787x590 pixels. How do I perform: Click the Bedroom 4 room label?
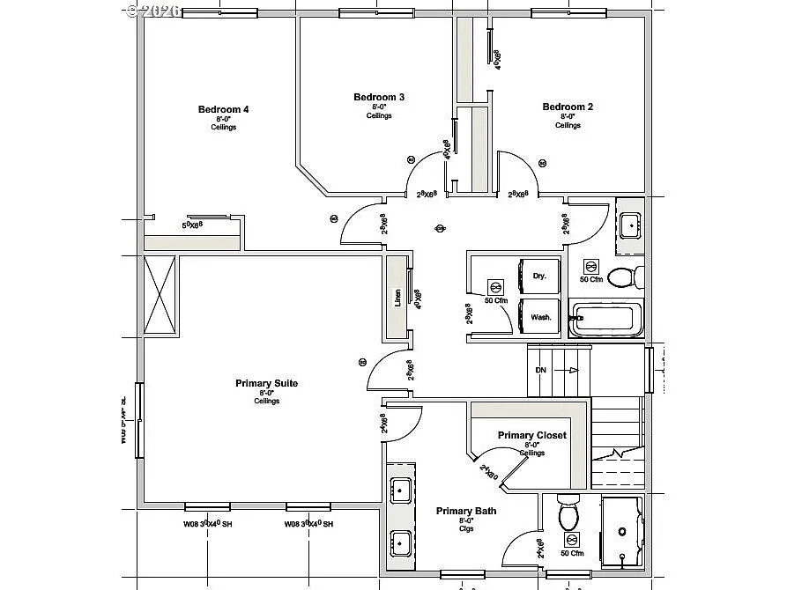click(x=223, y=110)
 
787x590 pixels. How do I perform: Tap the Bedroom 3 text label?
click(x=379, y=97)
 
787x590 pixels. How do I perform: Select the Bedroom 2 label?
click(x=568, y=107)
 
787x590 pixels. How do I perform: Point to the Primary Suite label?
click(x=266, y=383)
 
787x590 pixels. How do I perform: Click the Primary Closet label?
click(x=531, y=435)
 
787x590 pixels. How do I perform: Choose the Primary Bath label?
click(x=466, y=511)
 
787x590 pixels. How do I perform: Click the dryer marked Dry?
click(x=539, y=276)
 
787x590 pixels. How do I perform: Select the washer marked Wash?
click(x=540, y=317)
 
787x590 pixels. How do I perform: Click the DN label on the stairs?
click(x=540, y=370)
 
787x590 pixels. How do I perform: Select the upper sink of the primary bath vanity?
click(x=399, y=490)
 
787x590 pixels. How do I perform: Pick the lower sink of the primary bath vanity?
click(x=399, y=541)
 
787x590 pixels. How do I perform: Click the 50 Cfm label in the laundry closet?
click(x=496, y=300)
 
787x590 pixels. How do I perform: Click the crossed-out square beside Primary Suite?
click(x=160, y=295)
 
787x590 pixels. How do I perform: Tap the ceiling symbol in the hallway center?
click(x=440, y=229)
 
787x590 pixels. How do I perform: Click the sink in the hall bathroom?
click(x=630, y=225)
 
